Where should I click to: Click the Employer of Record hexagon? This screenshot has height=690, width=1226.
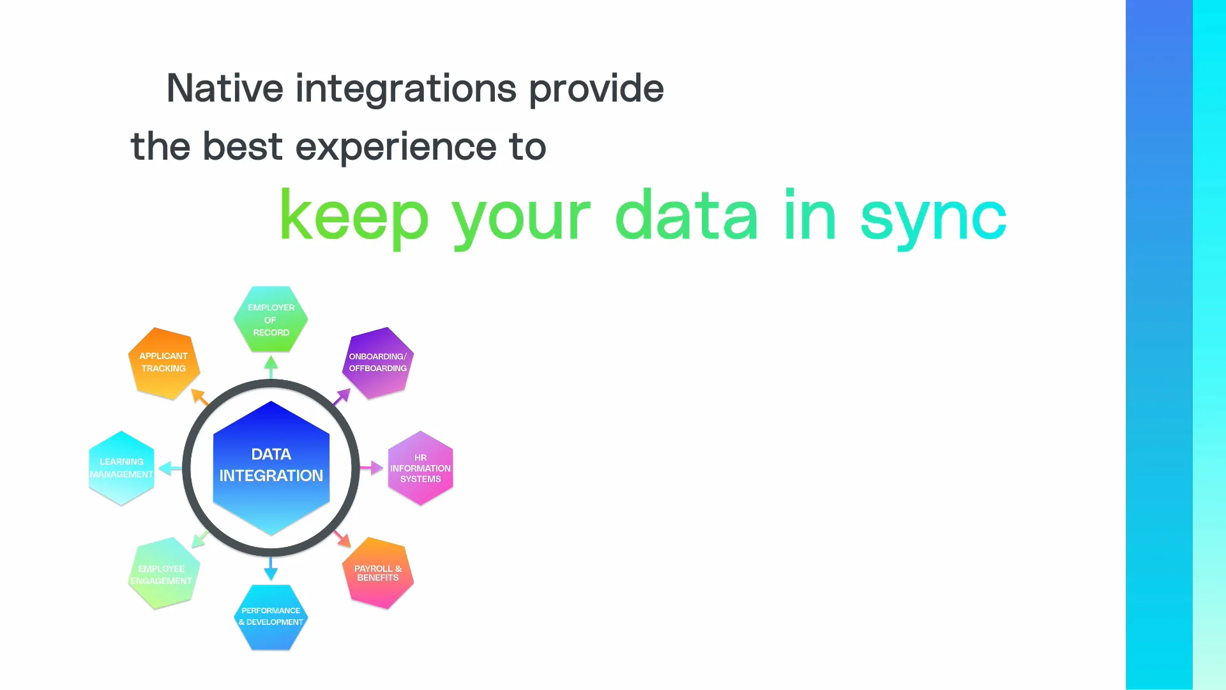point(271,319)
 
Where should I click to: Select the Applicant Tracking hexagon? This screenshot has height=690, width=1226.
point(164,363)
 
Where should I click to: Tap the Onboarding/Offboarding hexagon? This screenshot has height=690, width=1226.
point(378,363)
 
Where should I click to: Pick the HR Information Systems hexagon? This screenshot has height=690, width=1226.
point(420,468)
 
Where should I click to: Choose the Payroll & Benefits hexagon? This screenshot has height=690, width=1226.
point(378,573)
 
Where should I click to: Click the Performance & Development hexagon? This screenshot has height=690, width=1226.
point(271,617)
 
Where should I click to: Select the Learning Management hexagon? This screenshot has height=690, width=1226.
point(121,468)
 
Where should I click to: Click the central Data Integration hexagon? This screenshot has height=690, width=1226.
point(271,466)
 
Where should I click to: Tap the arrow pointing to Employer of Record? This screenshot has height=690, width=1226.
point(271,367)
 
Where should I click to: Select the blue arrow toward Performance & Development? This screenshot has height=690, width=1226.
point(271,569)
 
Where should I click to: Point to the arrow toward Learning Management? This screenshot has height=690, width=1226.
point(170,468)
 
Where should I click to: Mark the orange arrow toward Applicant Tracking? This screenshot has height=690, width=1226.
point(200,397)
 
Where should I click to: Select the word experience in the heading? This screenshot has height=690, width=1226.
point(396,147)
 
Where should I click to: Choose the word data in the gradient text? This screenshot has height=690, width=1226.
point(686,216)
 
